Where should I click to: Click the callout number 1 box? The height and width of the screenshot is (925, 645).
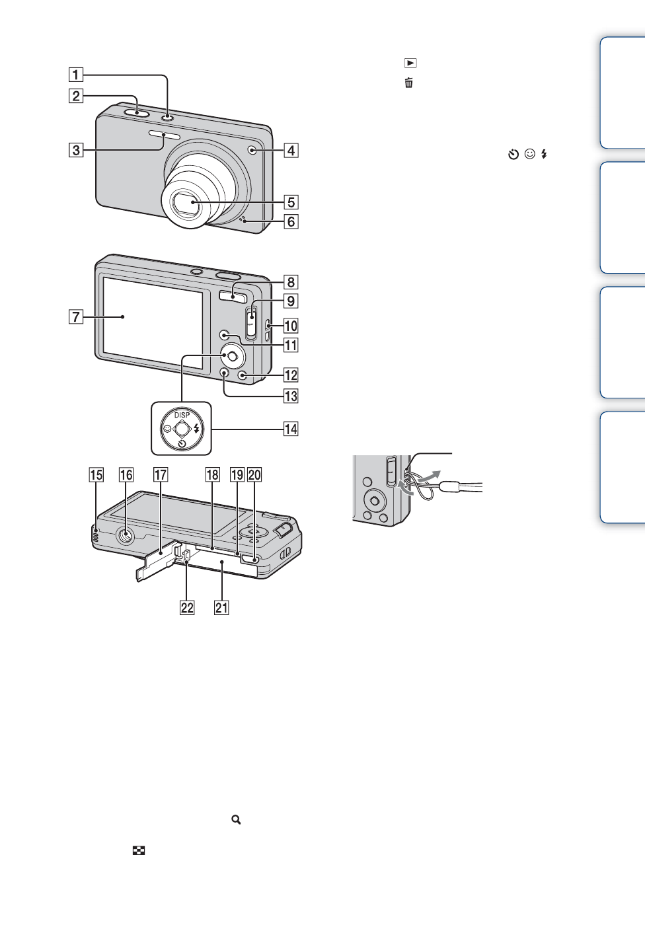[x=76, y=75]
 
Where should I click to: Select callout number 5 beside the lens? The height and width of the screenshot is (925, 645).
[x=291, y=202]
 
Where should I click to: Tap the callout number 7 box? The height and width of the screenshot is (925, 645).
[x=76, y=317]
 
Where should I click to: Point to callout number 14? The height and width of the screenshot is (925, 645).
[x=291, y=429]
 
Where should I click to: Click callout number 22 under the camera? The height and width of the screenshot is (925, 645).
[x=187, y=608]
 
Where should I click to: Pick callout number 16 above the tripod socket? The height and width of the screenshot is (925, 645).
[x=126, y=475]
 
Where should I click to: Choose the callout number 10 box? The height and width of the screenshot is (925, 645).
[x=291, y=326]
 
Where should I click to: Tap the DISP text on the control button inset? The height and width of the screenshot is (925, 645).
[x=182, y=415]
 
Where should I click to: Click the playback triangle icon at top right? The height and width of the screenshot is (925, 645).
[x=410, y=63]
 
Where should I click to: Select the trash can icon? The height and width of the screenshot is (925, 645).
[x=409, y=83]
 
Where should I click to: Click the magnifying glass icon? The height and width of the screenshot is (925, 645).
[x=236, y=819]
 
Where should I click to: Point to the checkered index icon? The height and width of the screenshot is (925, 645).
[x=139, y=851]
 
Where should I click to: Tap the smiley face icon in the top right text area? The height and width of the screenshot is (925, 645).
[x=529, y=154]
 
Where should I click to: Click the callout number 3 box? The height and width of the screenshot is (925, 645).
[x=76, y=150]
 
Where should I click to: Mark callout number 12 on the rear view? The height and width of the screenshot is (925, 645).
[x=291, y=375]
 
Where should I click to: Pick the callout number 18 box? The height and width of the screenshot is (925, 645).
[x=212, y=475]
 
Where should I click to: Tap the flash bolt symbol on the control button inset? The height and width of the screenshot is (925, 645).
[x=196, y=429]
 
